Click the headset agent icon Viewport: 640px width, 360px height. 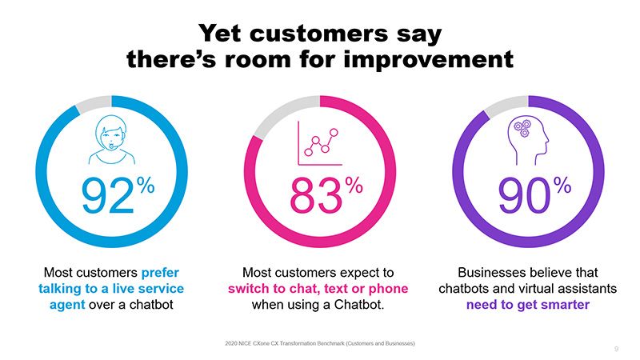coord(111,142)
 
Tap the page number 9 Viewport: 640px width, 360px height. coord(616,349)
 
